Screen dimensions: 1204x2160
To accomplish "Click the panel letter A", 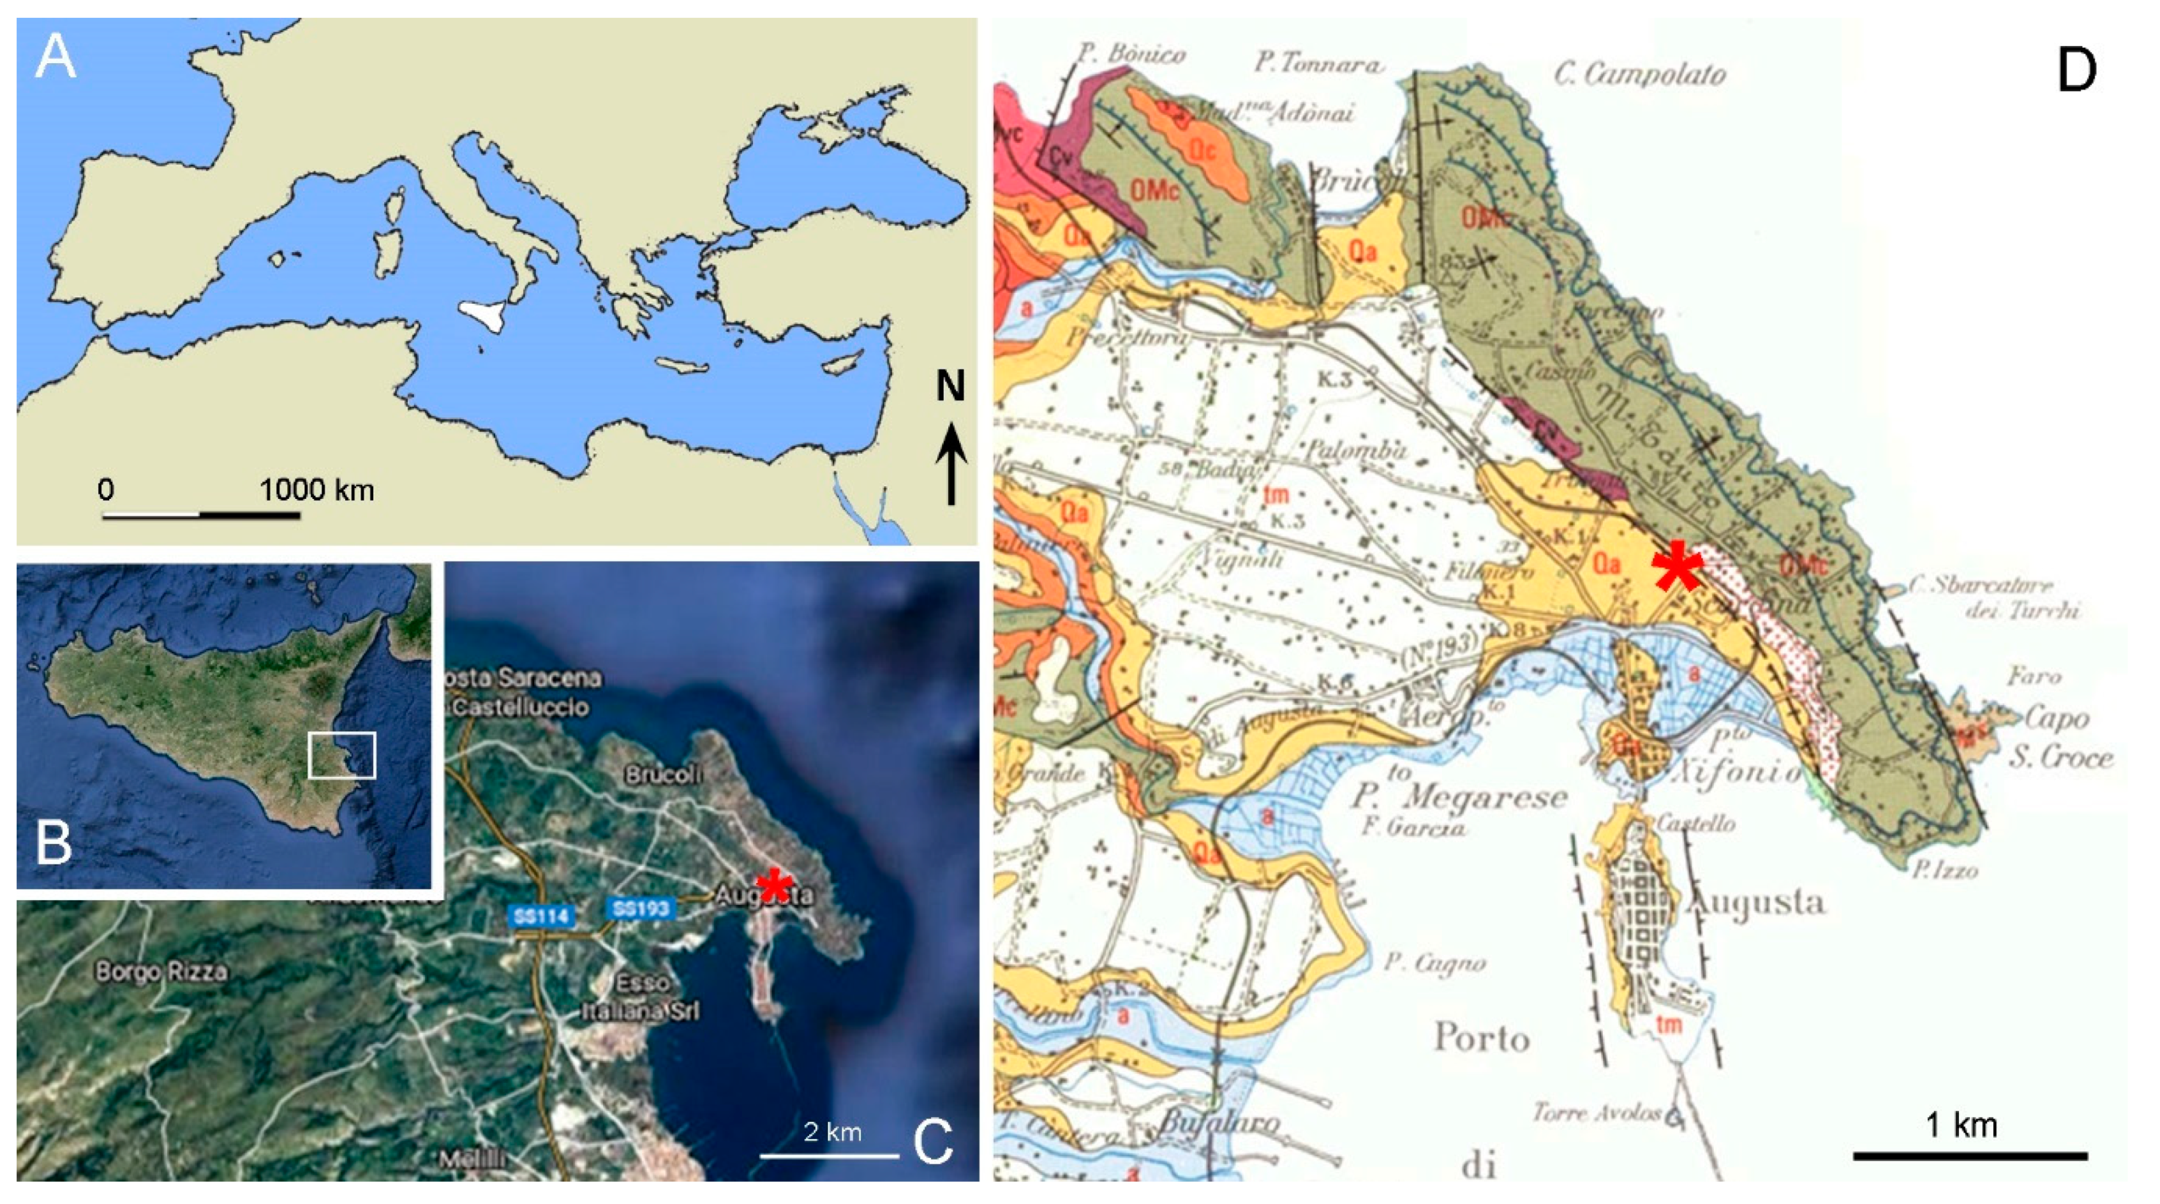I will [x=56, y=59].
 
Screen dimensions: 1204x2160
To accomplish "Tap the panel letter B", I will [x=54, y=843].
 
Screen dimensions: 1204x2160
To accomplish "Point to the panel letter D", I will [x=2076, y=72].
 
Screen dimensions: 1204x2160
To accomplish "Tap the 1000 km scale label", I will [x=316, y=489].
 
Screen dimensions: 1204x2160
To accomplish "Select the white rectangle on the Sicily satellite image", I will [x=341, y=755].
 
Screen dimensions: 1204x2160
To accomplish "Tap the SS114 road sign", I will [x=542, y=915].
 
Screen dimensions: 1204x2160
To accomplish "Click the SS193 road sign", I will [x=641, y=908].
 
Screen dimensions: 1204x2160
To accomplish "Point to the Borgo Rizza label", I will [x=161, y=972].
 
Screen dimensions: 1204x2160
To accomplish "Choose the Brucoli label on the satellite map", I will [x=662, y=774].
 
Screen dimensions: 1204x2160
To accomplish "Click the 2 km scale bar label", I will [x=832, y=1132].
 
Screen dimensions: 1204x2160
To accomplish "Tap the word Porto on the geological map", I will [x=1482, y=1038].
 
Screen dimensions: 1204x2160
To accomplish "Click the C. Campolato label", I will [x=1639, y=75].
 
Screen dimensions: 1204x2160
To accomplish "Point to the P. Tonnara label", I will [x=1317, y=64].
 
